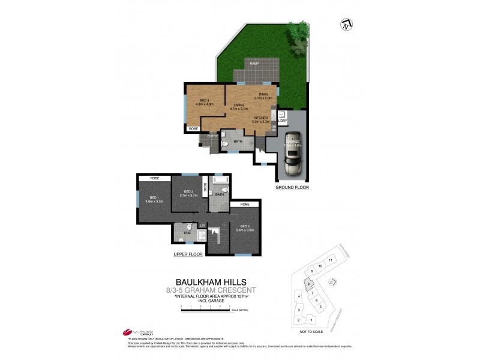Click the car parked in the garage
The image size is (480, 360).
tap(293, 159)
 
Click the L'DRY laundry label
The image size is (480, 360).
tap(282, 122)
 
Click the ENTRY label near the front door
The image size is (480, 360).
tap(212, 136)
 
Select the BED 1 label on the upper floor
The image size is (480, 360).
tap(154, 197)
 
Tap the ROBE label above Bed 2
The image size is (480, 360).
tap(244, 205)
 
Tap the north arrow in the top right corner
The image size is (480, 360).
tap(347, 25)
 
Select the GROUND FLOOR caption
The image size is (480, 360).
tap(292, 188)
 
